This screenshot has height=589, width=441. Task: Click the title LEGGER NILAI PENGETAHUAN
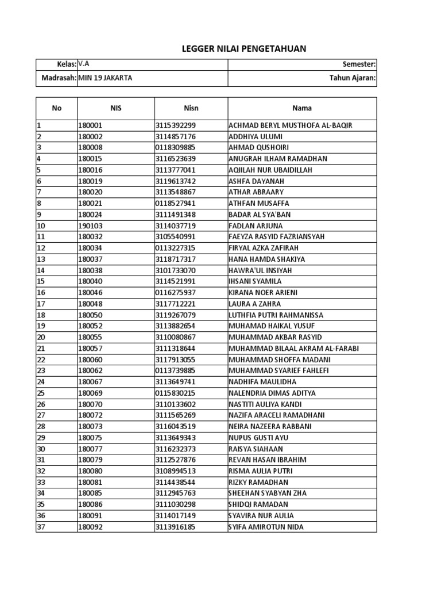click(244, 49)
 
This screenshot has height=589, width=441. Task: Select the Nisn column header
click(191, 108)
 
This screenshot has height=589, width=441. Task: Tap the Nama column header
click(302, 108)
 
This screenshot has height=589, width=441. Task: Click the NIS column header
click(116, 108)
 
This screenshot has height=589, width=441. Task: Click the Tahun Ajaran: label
click(352, 78)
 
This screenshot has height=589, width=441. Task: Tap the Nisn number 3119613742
click(175, 181)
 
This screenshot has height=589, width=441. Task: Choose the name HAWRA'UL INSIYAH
click(260, 270)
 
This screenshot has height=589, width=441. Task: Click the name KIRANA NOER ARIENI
click(263, 293)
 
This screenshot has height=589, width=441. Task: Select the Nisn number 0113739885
click(175, 371)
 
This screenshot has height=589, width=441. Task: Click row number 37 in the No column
click(41, 527)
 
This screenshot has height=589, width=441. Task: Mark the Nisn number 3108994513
click(175, 471)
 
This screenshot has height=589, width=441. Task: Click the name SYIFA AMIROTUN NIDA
click(266, 527)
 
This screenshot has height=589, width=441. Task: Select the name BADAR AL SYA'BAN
click(260, 215)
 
